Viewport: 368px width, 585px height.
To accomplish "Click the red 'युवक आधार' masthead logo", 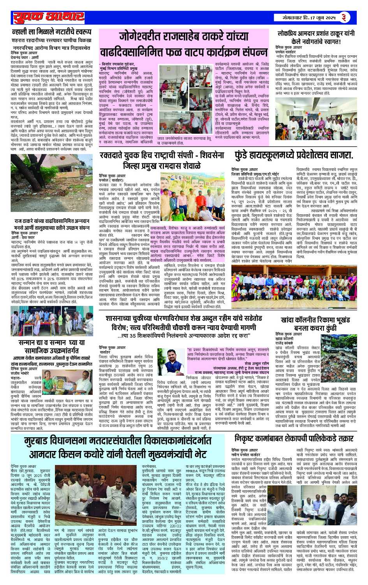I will point(49,17).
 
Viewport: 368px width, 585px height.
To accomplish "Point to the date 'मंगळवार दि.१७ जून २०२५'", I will point(310,18).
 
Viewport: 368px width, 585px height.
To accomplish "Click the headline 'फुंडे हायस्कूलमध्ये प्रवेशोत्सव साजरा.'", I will point(294,155).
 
